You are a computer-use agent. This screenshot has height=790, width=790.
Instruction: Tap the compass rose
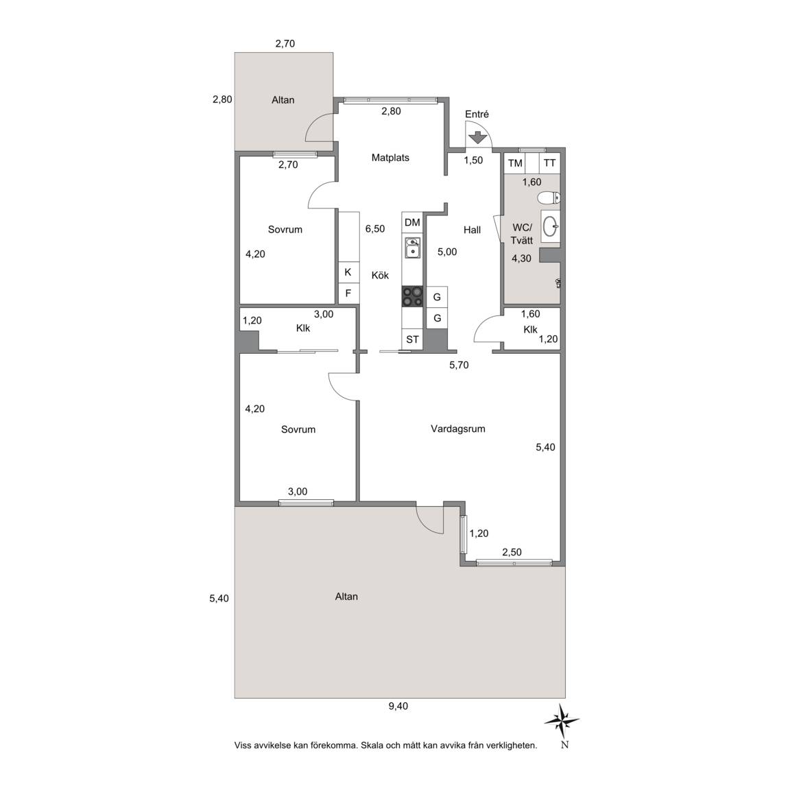point(562,721)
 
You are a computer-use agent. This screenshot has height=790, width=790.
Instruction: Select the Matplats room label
point(390,158)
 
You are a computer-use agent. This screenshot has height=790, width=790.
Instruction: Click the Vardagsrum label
point(458,429)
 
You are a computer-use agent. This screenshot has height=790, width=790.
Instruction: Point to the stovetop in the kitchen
point(412,296)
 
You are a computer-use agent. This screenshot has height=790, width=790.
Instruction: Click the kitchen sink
point(413,248)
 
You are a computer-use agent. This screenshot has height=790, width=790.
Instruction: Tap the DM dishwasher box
point(412,222)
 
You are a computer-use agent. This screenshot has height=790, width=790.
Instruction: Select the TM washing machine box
point(515,163)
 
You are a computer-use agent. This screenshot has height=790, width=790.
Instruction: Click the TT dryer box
point(550,163)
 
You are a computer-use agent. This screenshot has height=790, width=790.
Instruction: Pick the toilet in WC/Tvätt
point(549,197)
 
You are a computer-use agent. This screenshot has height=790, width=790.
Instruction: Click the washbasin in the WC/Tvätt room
point(551,226)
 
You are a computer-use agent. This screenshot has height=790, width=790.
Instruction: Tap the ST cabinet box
point(412,339)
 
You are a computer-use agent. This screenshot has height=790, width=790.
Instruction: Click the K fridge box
point(348,272)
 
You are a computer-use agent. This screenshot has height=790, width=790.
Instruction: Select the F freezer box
point(348,294)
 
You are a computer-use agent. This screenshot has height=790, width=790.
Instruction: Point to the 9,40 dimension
point(398,706)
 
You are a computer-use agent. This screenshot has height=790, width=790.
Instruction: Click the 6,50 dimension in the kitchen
point(375,229)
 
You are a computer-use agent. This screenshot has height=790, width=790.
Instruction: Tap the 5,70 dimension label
point(459,366)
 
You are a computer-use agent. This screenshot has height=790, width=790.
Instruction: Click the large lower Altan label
point(346,597)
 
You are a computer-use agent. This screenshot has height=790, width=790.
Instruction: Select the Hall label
point(472,230)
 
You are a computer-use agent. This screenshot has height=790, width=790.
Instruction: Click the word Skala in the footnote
point(372,745)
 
